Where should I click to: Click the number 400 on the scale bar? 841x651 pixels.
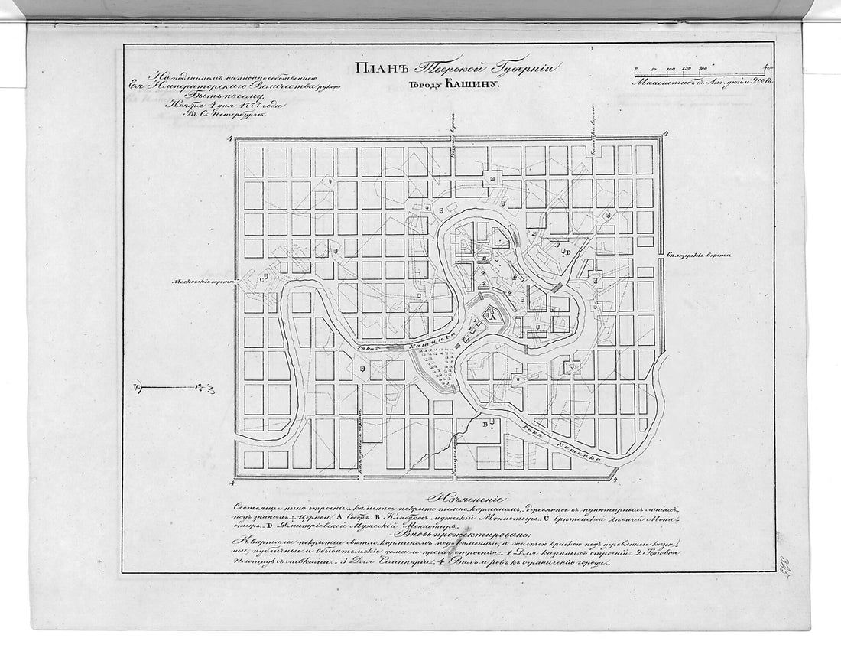768,67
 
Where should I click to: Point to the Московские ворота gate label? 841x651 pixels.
200,282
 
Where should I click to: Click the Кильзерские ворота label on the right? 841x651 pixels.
700,256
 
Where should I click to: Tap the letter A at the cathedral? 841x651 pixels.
493,314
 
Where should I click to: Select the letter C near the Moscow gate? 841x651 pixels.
262,282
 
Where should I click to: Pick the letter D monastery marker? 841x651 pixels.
567,252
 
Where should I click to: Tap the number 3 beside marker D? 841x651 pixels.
558,246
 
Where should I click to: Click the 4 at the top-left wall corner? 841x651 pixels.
231,138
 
